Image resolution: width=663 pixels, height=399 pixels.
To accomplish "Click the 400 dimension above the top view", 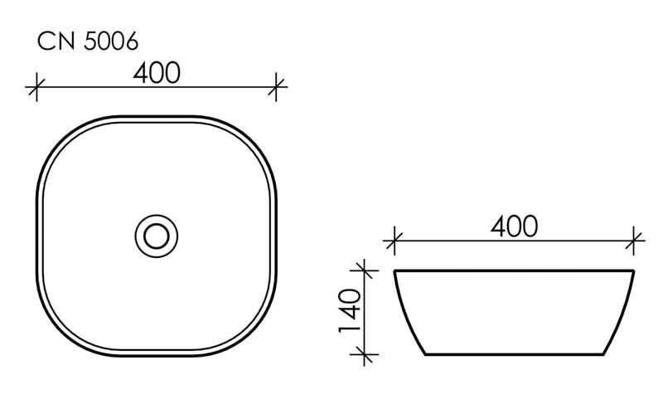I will (156, 73).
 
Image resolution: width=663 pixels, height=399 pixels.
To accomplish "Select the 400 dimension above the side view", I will (514, 226).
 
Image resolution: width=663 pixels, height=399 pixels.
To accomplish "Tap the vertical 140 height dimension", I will (348, 311).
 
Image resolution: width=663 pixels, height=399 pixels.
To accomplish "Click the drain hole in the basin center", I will (156, 236).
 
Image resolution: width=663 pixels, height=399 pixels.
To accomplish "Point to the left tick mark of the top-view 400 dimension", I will (35, 85).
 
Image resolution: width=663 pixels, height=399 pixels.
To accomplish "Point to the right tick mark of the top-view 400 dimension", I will (278, 85).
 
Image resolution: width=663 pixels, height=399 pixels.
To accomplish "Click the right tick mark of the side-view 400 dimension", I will (635, 241).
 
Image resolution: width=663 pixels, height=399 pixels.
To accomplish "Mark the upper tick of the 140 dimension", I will (361, 270).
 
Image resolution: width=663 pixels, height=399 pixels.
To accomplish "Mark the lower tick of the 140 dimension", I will (361, 355).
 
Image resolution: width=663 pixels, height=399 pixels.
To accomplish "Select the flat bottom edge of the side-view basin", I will (514, 354).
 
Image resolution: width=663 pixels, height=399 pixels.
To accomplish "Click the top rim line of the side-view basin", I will (514, 270).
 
